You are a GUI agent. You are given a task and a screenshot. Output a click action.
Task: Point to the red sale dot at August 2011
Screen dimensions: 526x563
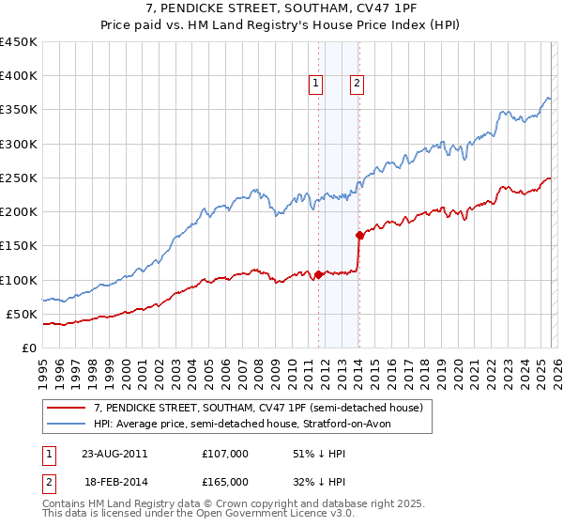tap(318, 275)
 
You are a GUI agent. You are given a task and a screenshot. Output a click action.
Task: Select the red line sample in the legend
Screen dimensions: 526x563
tap(67, 408)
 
